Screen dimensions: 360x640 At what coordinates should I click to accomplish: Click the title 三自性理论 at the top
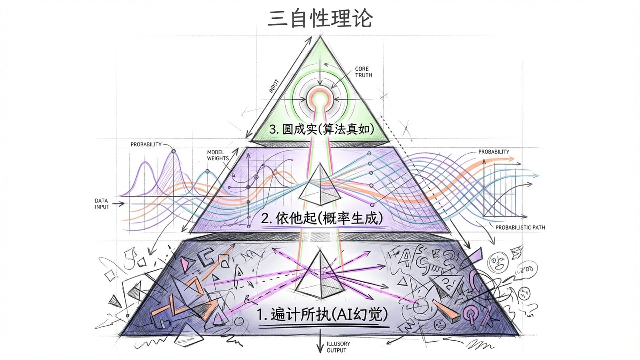(x=320, y=18)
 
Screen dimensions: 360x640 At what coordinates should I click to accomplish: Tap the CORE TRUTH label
(x=363, y=72)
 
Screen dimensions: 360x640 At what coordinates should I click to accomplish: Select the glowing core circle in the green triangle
(x=320, y=99)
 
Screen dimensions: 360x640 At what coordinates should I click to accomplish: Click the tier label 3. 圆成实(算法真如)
(x=321, y=129)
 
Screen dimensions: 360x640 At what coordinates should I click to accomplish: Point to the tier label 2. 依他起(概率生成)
(x=322, y=218)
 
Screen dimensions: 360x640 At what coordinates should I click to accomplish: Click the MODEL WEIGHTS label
(x=218, y=155)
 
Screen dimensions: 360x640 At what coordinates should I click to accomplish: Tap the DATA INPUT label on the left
(x=102, y=204)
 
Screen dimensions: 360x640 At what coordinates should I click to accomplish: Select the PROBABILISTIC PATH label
(x=520, y=227)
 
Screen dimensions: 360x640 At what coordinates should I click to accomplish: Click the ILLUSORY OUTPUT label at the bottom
(x=338, y=347)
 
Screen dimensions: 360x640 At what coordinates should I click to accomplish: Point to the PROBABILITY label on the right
(x=494, y=152)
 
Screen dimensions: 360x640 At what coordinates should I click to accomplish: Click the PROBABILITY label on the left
(x=146, y=144)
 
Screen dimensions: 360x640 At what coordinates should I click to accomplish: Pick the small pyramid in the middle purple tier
(x=320, y=185)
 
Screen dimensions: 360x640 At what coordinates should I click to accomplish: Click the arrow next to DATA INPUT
(x=118, y=204)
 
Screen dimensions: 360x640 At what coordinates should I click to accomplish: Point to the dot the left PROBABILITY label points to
(x=173, y=151)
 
